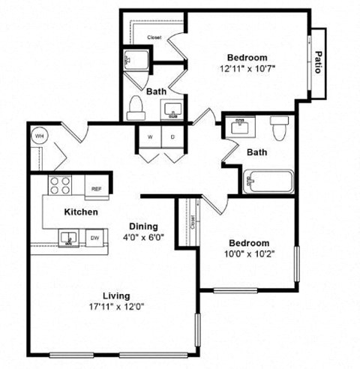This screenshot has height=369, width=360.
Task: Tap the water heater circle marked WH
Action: [38, 136]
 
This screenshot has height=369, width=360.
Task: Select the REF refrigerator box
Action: [95, 188]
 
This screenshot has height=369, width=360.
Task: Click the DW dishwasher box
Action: [95, 238]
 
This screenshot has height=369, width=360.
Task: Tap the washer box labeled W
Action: [149, 137]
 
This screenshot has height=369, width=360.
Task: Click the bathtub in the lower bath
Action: [268, 182]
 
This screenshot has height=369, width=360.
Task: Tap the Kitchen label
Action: [80, 212]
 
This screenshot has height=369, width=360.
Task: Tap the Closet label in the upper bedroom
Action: [154, 37]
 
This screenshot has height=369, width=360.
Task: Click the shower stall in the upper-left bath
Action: [136, 61]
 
